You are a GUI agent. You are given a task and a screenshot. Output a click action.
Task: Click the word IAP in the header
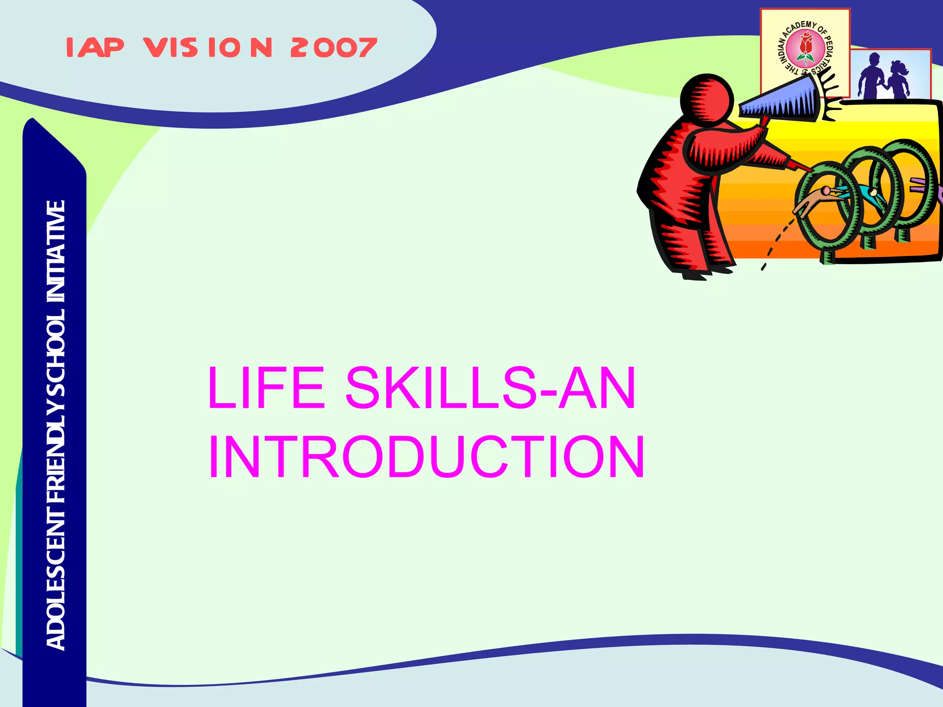(x=95, y=47)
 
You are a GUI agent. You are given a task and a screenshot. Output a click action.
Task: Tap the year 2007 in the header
(x=333, y=48)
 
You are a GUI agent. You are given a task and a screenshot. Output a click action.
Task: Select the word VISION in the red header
(x=208, y=48)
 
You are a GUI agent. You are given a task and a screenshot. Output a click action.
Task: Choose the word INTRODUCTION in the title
(x=426, y=457)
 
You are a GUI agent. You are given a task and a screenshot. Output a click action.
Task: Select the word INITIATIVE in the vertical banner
(x=56, y=251)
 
